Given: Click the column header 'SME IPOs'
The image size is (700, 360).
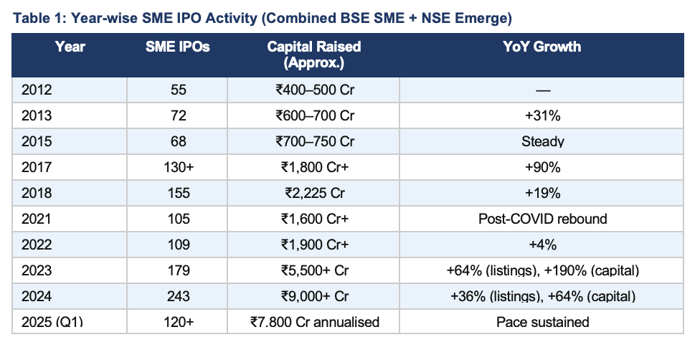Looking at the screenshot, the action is point(178,47).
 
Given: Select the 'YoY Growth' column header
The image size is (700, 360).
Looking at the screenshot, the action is point(542,47).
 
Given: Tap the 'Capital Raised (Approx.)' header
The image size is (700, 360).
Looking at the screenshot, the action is point(314,55).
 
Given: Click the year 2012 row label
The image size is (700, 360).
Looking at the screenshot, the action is point(37,90).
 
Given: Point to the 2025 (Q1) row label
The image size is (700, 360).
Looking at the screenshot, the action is point(52,321).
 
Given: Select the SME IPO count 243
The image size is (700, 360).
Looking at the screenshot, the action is point(178,296).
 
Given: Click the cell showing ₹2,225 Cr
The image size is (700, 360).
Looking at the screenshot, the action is point(315,193).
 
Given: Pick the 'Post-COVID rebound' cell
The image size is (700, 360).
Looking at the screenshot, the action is point(542,219).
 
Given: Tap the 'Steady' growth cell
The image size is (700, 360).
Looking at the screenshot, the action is point(542,141).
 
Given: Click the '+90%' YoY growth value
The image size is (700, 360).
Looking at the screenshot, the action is point(542,167).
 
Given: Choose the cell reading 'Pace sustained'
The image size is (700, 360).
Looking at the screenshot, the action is point(542,321).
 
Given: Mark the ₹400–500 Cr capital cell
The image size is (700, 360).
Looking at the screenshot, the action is point(315,90).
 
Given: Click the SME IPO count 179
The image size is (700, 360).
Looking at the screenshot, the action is point(178,270).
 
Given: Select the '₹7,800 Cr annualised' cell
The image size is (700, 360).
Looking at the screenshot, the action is point(315,321).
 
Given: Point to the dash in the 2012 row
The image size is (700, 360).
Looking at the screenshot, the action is point(542,90).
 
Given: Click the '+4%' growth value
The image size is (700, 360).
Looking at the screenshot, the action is point(542,245).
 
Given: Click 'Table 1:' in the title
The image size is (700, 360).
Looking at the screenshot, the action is point(40,19).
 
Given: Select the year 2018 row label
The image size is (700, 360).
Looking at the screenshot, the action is point(37,193).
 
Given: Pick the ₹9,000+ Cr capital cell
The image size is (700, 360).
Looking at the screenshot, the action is point(315,296).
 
